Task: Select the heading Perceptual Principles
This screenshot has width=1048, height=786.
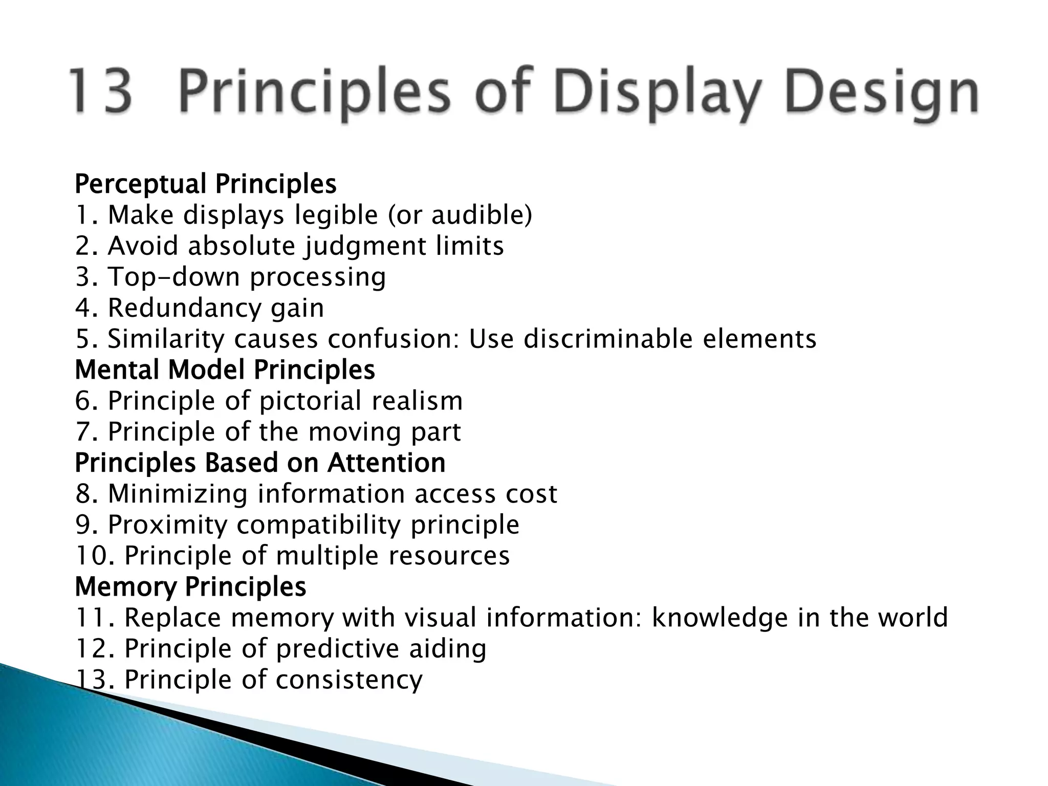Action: [205, 184]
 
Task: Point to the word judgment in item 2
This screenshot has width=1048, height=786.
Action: [365, 246]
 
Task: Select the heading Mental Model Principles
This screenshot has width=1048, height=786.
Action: [225, 370]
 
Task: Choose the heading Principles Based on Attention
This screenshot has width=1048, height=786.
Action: [260, 463]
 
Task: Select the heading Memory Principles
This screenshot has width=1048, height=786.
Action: [190, 587]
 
